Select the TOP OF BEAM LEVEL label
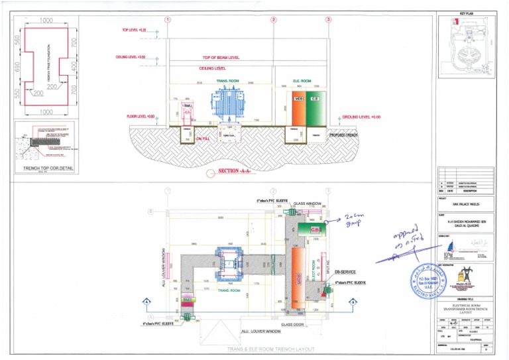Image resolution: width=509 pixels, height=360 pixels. (x=221, y=58)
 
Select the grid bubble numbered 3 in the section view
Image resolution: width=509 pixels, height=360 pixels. (x=328, y=20)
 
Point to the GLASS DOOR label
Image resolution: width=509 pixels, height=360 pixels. (x=292, y=324)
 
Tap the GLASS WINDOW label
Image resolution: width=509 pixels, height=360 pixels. (x=308, y=202)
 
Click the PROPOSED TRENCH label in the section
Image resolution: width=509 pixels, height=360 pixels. (x=343, y=135)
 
